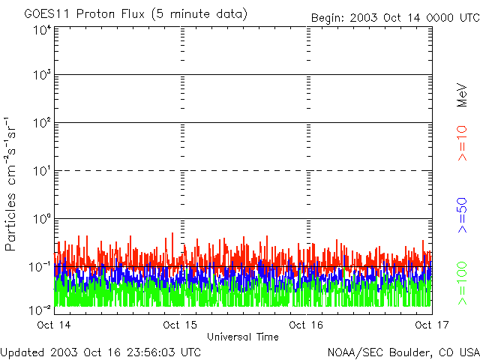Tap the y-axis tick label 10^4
click(x=42, y=31)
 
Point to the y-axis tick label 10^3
click(x=42, y=75)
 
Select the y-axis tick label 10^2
click(x=42, y=123)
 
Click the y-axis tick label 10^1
click(x=42, y=171)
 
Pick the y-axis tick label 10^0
click(x=42, y=219)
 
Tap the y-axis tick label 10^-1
click(x=40, y=267)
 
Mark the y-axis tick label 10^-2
click(x=40, y=309)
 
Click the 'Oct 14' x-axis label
click(x=54, y=325)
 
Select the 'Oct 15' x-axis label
click(x=180, y=325)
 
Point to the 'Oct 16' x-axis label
click(x=307, y=325)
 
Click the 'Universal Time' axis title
click(x=242, y=337)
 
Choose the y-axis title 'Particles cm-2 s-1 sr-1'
click(x=13, y=184)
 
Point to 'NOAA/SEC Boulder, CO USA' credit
click(x=403, y=352)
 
